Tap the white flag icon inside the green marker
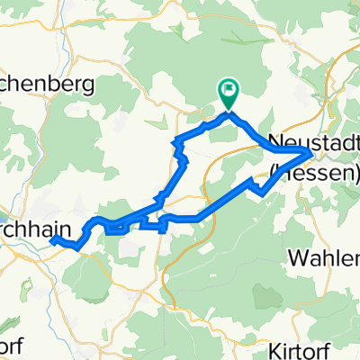229,89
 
